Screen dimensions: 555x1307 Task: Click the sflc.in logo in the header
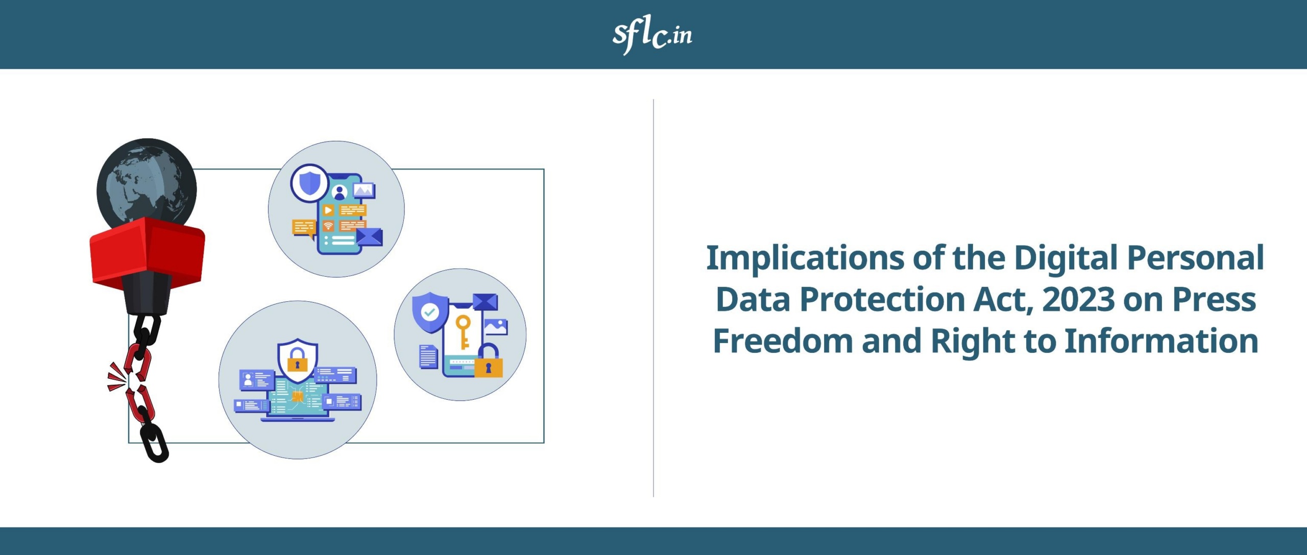click(652, 34)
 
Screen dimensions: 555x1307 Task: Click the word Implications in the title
click(805, 258)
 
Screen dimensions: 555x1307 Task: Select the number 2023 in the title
click(1078, 299)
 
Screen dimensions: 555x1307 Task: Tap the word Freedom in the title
click(783, 341)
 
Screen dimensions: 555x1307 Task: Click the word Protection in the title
click(882, 299)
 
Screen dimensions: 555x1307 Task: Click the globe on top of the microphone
click(147, 181)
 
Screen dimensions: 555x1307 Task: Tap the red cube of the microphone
click(147, 250)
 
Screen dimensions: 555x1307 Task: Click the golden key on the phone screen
click(463, 331)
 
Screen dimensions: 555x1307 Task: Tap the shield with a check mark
click(430, 311)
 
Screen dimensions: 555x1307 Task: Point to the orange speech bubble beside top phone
click(304, 228)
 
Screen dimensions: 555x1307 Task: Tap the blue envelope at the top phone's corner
click(369, 236)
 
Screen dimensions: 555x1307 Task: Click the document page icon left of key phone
click(428, 356)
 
